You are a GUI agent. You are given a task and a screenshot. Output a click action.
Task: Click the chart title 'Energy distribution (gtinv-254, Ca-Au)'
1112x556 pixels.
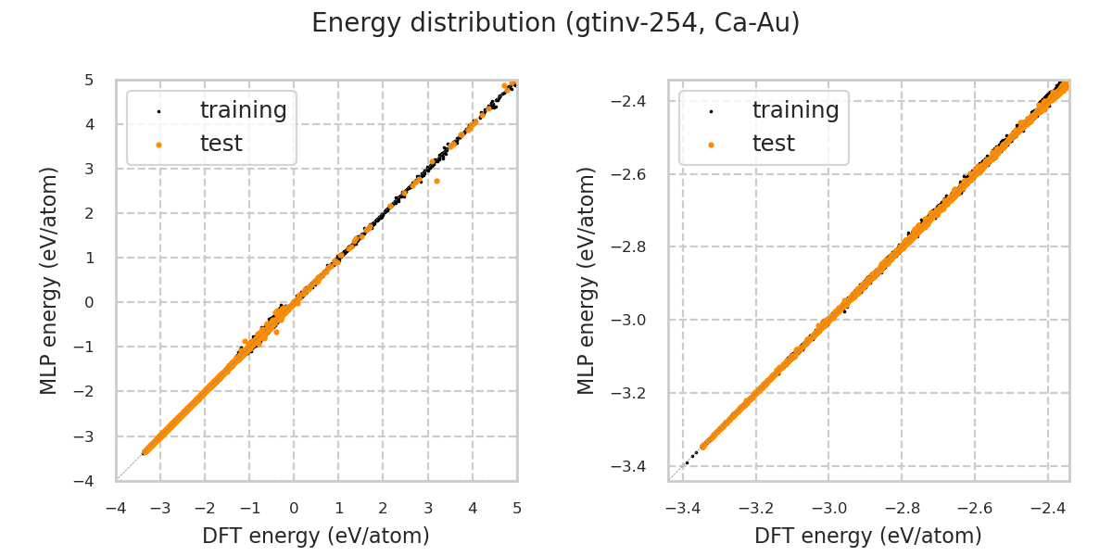click(555, 23)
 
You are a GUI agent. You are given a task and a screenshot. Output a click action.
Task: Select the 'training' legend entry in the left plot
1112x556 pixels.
click(243, 110)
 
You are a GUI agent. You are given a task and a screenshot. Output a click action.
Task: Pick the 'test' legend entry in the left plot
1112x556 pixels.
click(221, 144)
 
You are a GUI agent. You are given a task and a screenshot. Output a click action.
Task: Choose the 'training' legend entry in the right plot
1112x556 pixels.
click(795, 110)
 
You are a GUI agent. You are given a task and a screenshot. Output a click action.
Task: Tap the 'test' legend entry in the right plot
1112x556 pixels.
click(773, 144)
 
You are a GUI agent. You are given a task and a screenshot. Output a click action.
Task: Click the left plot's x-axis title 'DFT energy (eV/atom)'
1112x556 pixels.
click(316, 536)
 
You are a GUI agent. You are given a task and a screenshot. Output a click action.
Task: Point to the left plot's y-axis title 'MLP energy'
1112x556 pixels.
click(49, 280)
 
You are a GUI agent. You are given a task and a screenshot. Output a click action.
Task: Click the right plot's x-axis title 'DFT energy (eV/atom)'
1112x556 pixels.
click(868, 536)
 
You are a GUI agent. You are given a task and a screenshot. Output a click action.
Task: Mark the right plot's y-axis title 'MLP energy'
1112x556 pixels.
click(587, 280)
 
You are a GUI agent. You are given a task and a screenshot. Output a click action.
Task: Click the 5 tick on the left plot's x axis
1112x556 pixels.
click(517, 508)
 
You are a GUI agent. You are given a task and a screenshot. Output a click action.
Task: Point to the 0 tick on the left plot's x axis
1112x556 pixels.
click(294, 508)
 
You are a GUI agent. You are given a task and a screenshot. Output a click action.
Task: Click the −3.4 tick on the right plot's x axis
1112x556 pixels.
click(683, 508)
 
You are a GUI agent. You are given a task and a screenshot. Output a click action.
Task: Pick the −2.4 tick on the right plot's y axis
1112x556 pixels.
click(638, 100)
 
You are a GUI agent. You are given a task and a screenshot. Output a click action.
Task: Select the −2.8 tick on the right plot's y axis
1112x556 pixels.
click(638, 246)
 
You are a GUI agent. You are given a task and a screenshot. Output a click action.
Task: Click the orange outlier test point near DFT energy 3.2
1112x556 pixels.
click(436, 181)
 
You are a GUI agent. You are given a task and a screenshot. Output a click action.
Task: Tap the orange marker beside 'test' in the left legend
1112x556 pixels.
click(158, 145)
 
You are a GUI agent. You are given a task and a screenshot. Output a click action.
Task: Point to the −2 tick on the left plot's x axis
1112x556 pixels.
click(205, 508)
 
